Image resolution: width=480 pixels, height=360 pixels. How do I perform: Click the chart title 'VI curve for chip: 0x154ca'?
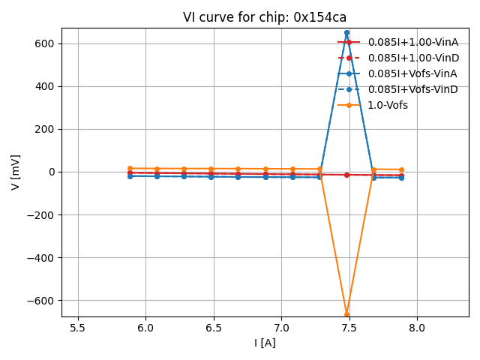[x=265, y=17]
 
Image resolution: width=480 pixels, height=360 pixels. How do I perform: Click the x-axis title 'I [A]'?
[x=265, y=343]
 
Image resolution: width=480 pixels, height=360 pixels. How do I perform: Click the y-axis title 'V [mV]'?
[x=16, y=172]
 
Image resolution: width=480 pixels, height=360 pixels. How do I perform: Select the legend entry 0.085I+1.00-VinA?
[x=412, y=42]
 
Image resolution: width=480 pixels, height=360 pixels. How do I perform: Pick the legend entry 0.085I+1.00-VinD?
[x=412, y=58]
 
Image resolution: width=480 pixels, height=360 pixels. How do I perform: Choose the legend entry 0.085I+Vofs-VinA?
[x=412, y=73]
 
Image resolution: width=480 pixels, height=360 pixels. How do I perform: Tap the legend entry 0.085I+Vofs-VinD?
[x=412, y=89]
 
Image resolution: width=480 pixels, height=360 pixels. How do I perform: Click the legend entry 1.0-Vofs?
[x=388, y=105]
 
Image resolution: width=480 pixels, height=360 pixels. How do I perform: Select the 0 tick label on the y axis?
[x=52, y=172]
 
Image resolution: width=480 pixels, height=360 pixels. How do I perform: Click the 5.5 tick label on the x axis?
[x=78, y=328]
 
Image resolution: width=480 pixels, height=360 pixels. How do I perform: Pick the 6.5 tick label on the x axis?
[x=214, y=328]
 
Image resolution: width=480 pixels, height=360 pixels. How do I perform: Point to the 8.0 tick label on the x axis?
[x=417, y=328]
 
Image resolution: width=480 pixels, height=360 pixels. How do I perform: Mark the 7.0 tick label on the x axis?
[x=281, y=328]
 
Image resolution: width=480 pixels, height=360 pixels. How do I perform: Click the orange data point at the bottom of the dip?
[x=346, y=314]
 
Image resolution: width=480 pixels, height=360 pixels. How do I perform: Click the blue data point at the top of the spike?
[x=346, y=33]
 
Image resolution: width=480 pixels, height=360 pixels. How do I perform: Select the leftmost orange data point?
[x=130, y=169]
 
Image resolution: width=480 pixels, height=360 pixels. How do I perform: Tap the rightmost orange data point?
[x=401, y=169]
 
